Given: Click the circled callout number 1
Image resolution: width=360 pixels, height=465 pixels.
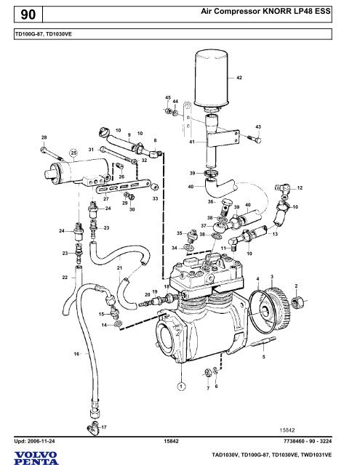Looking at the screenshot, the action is click(x=181, y=386).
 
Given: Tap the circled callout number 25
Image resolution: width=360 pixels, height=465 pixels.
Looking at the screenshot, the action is click(x=73, y=153).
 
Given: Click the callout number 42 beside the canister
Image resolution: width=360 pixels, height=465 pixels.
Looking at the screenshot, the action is click(x=239, y=78).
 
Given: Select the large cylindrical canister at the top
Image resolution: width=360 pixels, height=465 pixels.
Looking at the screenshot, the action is click(x=212, y=80).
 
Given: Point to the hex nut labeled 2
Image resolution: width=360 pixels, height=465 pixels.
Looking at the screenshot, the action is click(x=297, y=302).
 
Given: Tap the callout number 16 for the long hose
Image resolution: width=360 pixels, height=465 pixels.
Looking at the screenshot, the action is click(x=76, y=354).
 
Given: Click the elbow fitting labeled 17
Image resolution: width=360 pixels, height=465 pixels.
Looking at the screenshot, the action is click(x=93, y=429).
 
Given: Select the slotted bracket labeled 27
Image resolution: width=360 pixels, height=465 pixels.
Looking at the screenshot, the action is click(x=124, y=186).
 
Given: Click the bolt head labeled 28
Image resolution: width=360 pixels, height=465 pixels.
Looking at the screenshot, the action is click(x=44, y=150).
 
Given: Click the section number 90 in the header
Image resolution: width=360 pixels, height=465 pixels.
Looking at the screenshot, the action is click(x=28, y=15).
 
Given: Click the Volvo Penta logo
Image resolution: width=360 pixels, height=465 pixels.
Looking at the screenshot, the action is click(x=36, y=458).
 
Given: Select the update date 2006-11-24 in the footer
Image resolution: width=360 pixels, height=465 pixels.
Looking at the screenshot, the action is click(x=41, y=441).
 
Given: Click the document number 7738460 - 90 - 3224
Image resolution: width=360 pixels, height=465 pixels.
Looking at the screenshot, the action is click(x=308, y=441).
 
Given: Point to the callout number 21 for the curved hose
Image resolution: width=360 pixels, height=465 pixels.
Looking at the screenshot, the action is click(x=119, y=268).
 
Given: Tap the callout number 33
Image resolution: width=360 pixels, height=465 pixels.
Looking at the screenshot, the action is click(x=155, y=198).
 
